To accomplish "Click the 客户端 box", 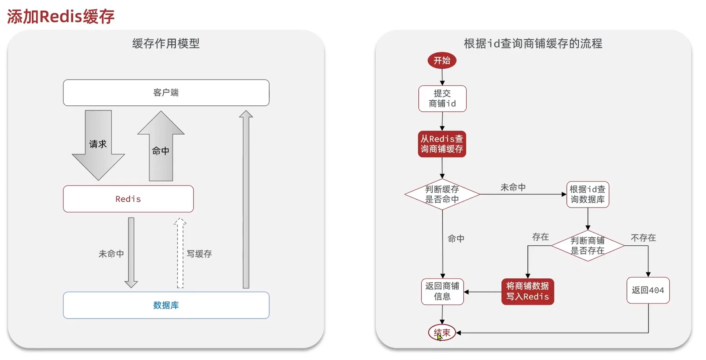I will [x=166, y=93].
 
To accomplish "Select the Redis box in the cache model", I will [x=128, y=199].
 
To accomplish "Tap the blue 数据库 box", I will [x=166, y=305].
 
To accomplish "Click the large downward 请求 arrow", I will [x=98, y=145].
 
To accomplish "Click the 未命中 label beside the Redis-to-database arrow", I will [x=111, y=254].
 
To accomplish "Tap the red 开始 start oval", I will [x=442, y=60].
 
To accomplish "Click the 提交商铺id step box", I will [x=442, y=99].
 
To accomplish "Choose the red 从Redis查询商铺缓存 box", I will [x=442, y=144].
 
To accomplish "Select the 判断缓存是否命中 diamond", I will [x=442, y=194].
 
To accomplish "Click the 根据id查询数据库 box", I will [x=588, y=194].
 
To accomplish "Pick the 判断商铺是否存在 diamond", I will [x=588, y=246].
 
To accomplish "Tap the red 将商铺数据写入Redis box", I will [x=527, y=292].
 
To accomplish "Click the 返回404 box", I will [x=648, y=290].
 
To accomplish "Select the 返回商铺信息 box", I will [x=442, y=292].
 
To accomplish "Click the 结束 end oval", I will [x=442, y=333].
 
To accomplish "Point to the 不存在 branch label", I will [x=643, y=238].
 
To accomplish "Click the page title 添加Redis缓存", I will [x=61, y=17].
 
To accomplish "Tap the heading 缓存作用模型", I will [x=166, y=43].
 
